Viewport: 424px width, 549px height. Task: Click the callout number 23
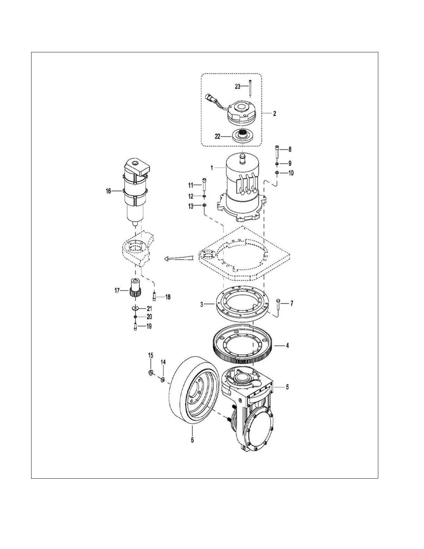[238, 86]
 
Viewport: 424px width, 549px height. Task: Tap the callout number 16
[108, 191]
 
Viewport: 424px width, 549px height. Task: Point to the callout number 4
[287, 346]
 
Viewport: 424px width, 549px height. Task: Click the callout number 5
[288, 387]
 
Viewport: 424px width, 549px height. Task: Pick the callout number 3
[202, 305]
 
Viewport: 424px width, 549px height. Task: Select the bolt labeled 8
[277, 151]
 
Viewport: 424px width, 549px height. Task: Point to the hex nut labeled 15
[151, 373]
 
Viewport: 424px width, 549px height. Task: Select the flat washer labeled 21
[135, 308]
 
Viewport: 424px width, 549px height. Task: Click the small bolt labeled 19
[135, 326]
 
